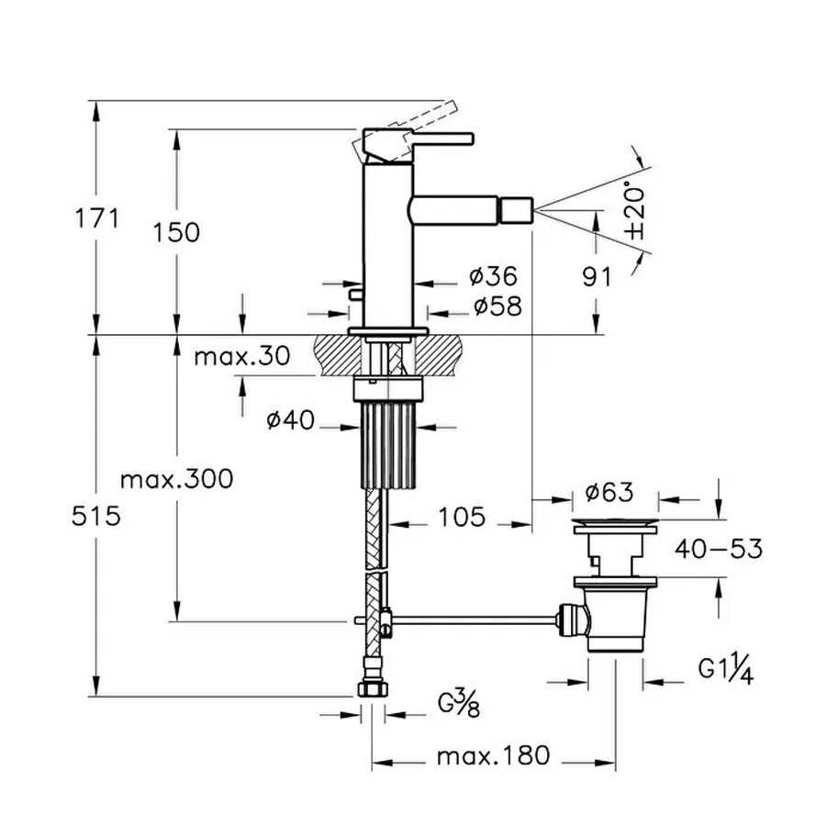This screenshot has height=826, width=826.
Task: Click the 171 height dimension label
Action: pos(97,218)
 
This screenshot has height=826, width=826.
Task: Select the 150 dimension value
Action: pos(176,232)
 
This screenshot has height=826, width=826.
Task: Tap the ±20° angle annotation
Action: pos(635,211)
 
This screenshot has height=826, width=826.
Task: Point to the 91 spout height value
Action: pos(597,276)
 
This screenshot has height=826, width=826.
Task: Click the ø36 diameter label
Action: pos(494,275)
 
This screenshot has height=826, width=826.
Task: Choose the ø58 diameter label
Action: pos(497,306)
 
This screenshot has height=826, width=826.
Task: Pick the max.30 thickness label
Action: pos(241,356)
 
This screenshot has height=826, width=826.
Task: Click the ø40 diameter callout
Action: pos(290,419)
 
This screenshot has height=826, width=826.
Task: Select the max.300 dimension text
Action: pos(176,479)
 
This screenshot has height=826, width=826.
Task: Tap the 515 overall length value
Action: pos(96,516)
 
